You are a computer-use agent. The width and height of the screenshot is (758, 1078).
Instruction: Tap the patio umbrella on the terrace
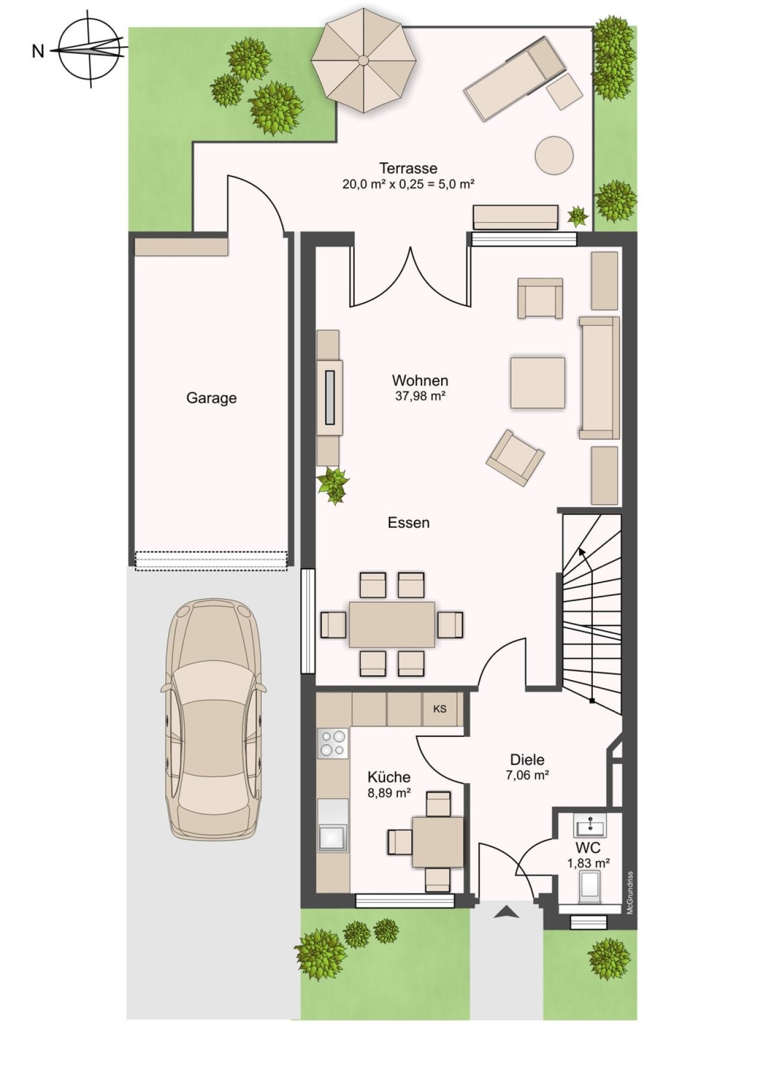[362, 61]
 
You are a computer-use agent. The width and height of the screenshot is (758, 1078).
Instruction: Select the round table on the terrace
[554, 156]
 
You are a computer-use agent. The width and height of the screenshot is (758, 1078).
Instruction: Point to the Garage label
[211, 398]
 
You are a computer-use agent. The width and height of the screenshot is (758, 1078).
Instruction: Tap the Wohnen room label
[420, 380]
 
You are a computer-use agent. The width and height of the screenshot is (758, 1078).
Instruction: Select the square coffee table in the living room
[537, 383]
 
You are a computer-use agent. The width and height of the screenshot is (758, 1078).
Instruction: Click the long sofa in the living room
[599, 378]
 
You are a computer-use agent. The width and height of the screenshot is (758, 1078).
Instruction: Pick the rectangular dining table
[392, 624]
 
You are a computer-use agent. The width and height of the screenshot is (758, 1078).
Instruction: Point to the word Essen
[409, 523]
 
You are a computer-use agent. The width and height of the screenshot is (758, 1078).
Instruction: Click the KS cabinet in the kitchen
[440, 709]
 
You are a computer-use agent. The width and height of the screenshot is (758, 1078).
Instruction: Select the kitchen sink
[332, 837]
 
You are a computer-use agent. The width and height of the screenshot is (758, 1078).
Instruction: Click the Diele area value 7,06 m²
[527, 775]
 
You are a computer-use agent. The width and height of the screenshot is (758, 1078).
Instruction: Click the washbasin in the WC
[589, 824]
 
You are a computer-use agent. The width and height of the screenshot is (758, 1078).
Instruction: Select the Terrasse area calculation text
[408, 184]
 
